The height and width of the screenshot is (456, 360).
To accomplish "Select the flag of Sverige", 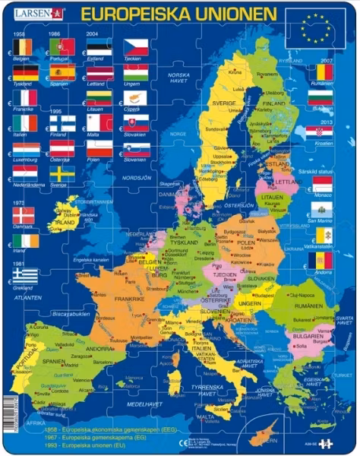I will tap(62, 174).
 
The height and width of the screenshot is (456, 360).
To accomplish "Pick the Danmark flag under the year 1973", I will tap(24, 216).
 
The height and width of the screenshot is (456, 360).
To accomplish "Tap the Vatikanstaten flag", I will tap(324, 235).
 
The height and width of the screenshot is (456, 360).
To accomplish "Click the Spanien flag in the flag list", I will tap(62, 73).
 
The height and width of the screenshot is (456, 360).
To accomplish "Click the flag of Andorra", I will tap(324, 261).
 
